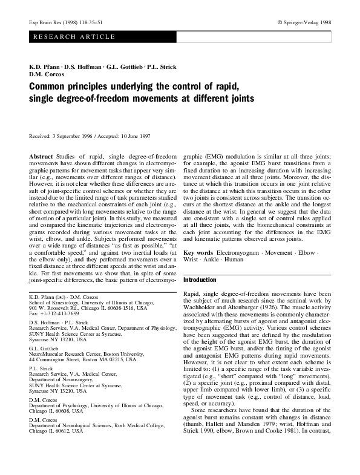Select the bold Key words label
pyautogui.click(x=198, y=251)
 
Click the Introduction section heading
pyautogui.click(x=199, y=280)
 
